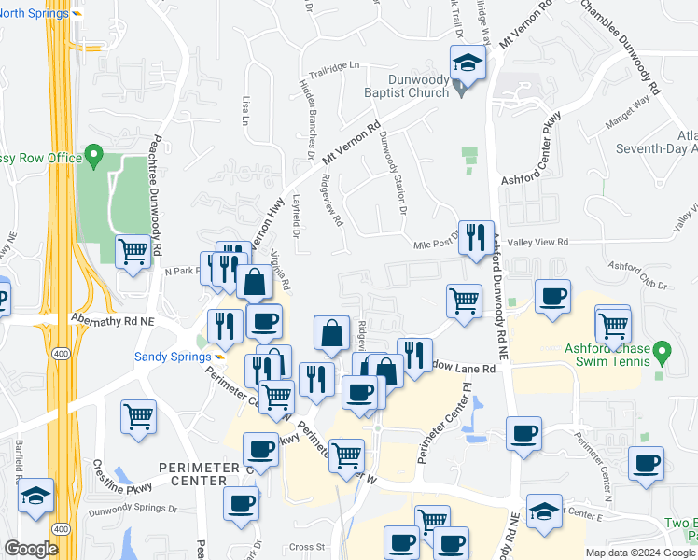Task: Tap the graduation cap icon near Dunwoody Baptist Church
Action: click(x=466, y=64)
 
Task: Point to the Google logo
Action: click(x=31, y=549)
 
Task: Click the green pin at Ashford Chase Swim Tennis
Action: click(x=663, y=354)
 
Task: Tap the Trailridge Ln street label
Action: click(x=334, y=66)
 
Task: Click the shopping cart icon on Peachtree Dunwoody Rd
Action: click(x=133, y=250)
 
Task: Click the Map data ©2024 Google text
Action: click(x=640, y=553)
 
